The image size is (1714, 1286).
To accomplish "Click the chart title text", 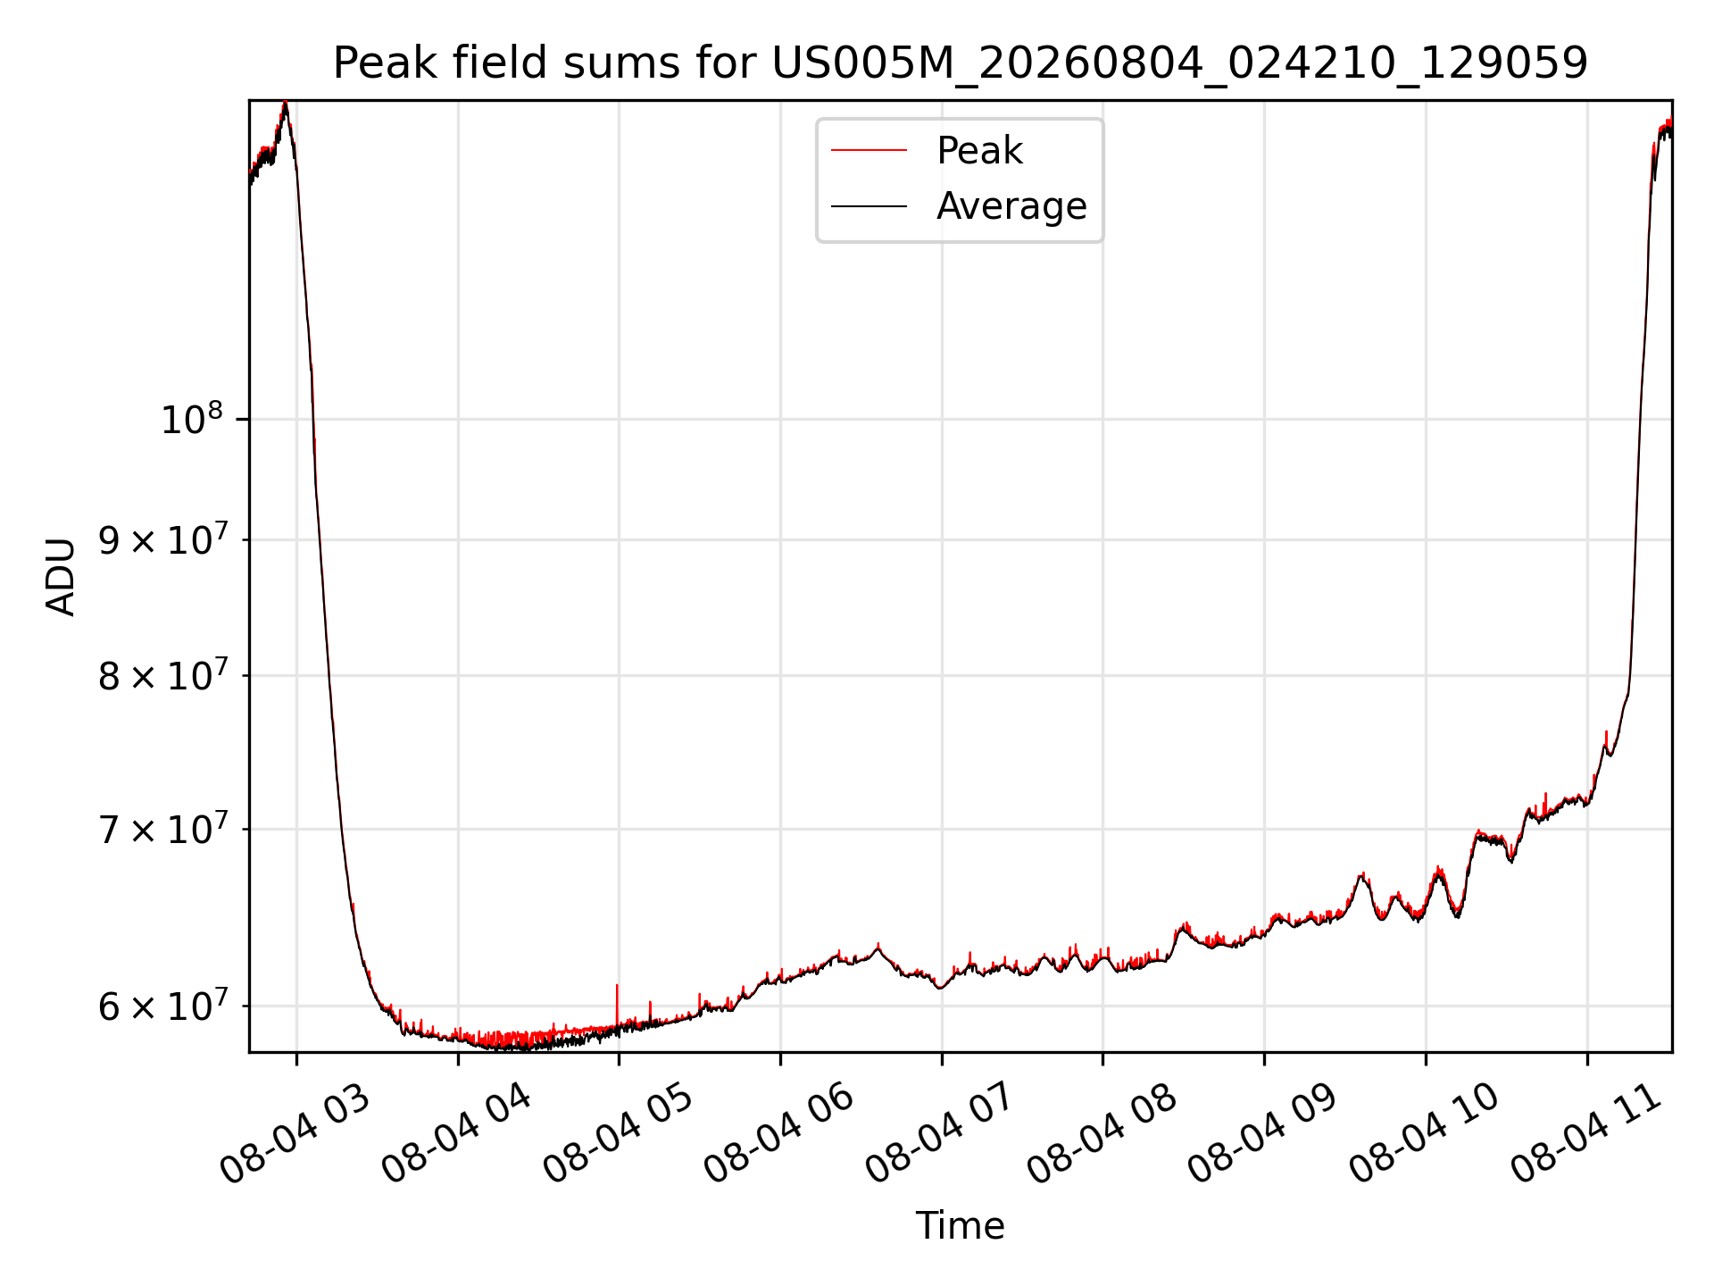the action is pos(960,63).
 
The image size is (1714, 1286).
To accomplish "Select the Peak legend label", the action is pos(979,151).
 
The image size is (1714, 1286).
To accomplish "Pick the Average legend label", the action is pos(1011,206).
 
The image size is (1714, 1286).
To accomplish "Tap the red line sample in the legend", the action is pos(869,151).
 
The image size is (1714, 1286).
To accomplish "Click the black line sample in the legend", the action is pos(869,206).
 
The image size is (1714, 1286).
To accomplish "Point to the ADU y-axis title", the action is pos(61,576).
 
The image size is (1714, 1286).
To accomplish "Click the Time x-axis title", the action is pos(960,1226).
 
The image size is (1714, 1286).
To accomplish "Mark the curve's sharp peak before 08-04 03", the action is pos(285,103).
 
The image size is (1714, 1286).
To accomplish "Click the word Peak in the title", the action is pos(387,63).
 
